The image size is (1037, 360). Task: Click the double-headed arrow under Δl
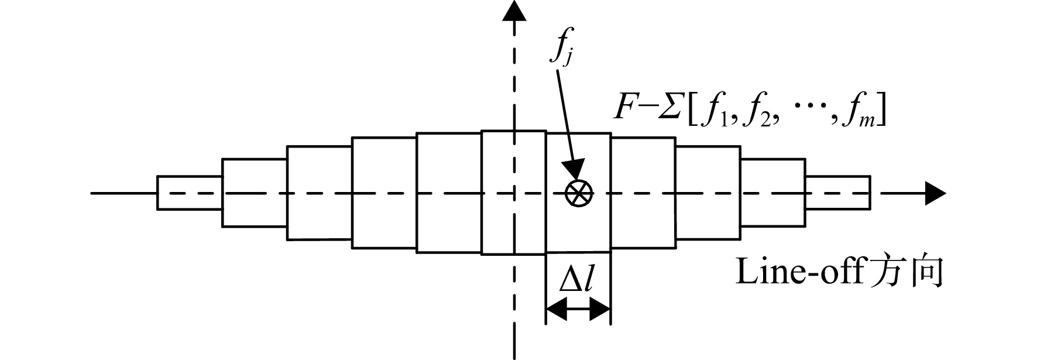578,308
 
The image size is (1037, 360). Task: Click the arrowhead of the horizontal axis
935,193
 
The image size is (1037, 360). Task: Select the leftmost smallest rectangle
190,193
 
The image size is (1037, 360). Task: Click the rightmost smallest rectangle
837,192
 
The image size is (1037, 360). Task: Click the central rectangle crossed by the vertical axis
514,193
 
